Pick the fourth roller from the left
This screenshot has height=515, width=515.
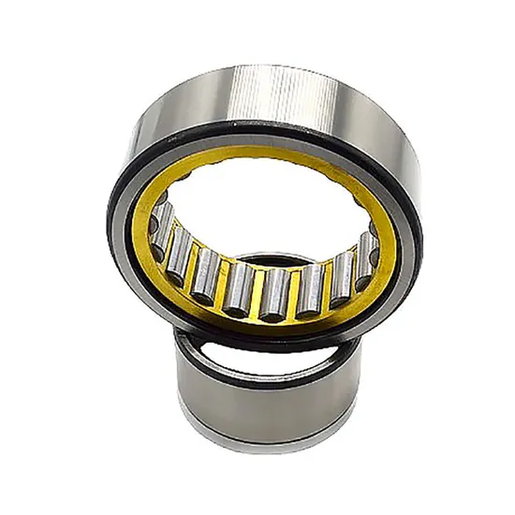coord(238,287)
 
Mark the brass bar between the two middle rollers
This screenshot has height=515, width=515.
coord(257,292)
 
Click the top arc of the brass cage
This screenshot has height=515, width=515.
coord(262,159)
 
